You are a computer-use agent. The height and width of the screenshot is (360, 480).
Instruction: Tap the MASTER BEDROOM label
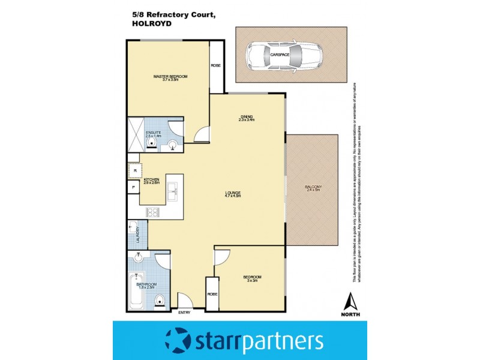pyautogui.click(x=170, y=77)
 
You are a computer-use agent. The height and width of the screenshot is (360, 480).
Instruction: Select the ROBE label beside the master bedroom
pyautogui.click(x=215, y=67)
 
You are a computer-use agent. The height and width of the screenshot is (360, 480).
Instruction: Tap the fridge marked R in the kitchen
pyautogui.click(x=135, y=171)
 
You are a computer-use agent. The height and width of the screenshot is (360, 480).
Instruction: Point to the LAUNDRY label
pyautogui.click(x=138, y=234)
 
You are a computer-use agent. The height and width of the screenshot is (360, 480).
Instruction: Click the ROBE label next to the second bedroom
pyautogui.click(x=212, y=295)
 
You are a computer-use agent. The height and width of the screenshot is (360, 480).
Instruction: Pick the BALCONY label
pyautogui.click(x=313, y=187)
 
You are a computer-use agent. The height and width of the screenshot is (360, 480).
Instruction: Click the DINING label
pyautogui.click(x=246, y=116)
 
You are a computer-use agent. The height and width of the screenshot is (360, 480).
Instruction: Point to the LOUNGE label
pyautogui.click(x=232, y=193)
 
